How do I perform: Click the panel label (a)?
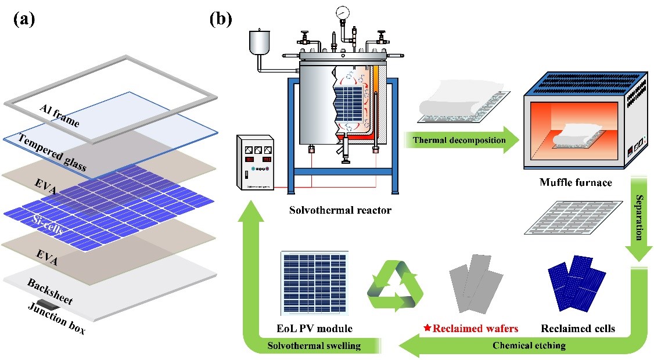tap(24, 20)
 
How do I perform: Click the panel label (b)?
tap(221, 20)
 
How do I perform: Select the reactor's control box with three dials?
tap(256, 163)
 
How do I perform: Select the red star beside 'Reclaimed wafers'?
tap(427, 329)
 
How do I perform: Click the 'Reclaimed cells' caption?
tap(577, 329)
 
